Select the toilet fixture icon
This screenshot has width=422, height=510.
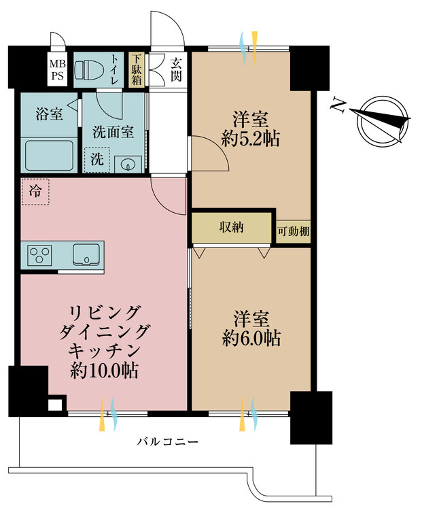[x=89, y=71]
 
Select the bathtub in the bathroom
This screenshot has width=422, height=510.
[x=49, y=156]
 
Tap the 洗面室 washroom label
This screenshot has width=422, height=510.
[x=113, y=132]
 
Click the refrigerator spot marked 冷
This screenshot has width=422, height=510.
[x=35, y=191]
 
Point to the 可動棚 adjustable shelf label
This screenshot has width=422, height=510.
[x=294, y=231]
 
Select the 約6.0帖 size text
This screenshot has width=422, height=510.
[x=251, y=339]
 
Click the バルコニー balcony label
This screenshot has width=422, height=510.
[x=167, y=442]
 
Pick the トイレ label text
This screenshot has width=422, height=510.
[x=114, y=69]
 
